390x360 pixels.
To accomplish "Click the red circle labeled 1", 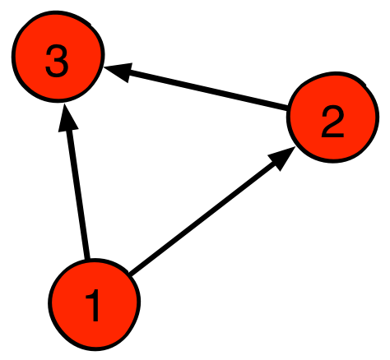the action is [x=95, y=304].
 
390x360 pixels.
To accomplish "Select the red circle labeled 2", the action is [x=332, y=118].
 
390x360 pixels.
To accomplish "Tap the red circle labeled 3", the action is [x=58, y=57].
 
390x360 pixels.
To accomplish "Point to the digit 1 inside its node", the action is [x=94, y=305].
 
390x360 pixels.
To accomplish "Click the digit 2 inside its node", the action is [x=332, y=122].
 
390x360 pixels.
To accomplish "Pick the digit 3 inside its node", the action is [x=57, y=61].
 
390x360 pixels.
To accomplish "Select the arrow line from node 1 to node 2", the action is [x=212, y=210].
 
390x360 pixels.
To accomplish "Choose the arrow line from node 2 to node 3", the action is [x=195, y=87].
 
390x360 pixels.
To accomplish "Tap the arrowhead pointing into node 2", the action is [x=281, y=158].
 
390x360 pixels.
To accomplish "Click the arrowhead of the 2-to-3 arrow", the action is [x=118, y=72].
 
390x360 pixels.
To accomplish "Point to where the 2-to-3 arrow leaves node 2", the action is [x=286, y=108].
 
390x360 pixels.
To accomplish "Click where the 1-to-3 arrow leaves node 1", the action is [x=87, y=259].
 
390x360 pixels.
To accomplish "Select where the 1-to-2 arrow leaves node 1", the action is [x=130, y=273].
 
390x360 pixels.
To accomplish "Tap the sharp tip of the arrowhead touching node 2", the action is [x=295, y=146].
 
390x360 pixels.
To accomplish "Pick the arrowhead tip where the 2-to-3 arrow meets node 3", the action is [x=104, y=67].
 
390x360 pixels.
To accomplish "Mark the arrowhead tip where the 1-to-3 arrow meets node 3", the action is [x=64, y=104].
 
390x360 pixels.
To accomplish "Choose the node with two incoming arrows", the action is [x=58, y=57].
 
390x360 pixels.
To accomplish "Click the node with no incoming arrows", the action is [x=95, y=304].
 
